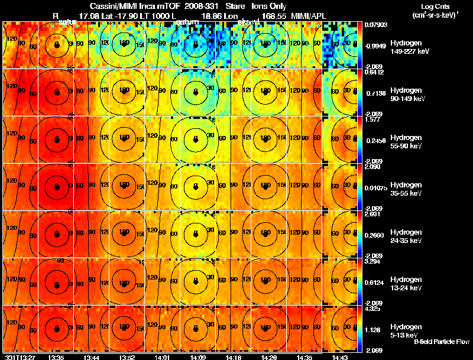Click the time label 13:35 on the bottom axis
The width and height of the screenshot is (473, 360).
click(56, 357)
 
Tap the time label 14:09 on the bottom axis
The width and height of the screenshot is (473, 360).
click(197, 357)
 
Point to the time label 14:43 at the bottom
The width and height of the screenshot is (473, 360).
click(339, 357)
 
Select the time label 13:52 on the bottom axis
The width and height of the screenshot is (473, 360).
click(127, 357)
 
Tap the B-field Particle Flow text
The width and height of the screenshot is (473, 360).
click(441, 342)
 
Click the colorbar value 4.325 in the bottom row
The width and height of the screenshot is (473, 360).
click(372, 309)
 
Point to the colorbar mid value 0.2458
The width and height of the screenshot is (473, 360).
click(374, 140)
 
